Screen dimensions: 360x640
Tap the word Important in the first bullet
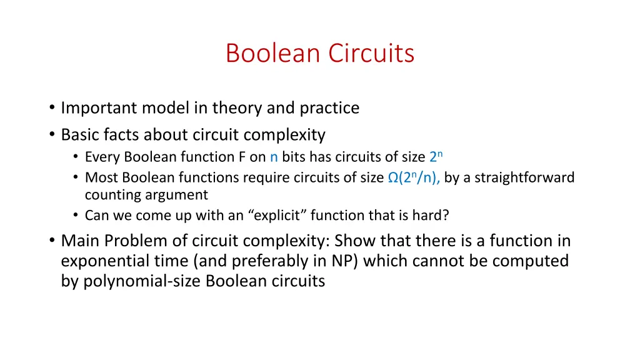point(99,108)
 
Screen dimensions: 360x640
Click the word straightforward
point(524,177)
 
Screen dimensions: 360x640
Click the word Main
point(80,241)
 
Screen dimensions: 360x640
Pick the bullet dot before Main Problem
point(51,241)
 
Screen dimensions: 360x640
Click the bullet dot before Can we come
point(76,216)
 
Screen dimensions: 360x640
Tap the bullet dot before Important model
point(51,108)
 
